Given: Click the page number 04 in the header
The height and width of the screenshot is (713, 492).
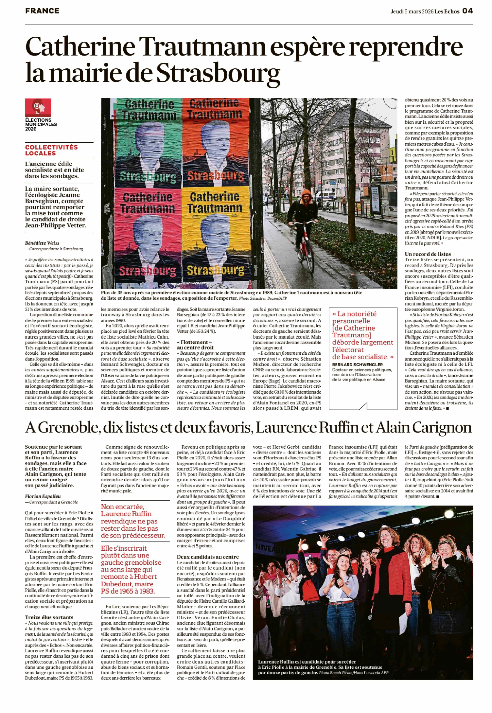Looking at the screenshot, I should point(467,11).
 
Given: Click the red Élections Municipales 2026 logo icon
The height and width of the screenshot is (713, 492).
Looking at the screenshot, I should point(38,107).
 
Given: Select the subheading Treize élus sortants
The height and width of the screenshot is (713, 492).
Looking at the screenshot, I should point(49,617).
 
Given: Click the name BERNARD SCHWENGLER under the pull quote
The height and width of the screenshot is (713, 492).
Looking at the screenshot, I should point(357,364).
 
